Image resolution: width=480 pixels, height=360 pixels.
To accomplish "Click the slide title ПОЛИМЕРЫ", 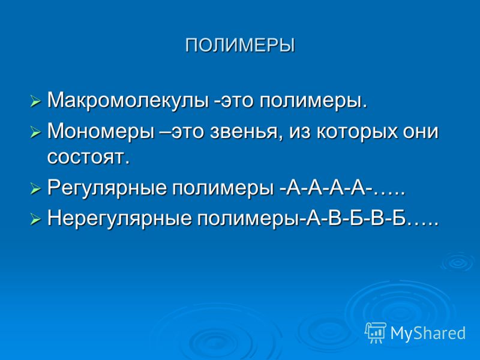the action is click(240, 46).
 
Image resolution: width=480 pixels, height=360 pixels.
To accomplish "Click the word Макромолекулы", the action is click(128, 100).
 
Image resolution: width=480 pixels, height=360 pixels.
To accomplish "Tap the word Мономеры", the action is click(101, 131).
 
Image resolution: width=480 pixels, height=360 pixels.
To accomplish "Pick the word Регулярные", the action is click(107, 188).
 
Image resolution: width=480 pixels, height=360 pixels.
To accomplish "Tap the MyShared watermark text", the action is click(428, 333).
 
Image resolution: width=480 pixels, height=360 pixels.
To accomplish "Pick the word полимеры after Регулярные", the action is click(222, 189).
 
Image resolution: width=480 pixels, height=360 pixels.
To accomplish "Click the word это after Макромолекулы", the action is click(235, 101).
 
